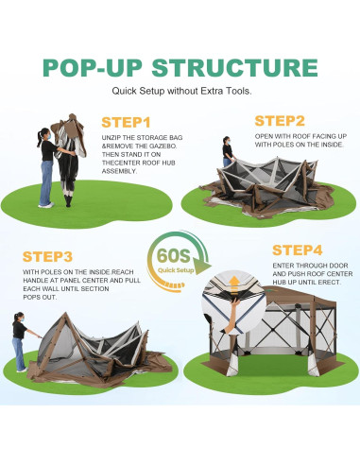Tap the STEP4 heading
click(300, 250)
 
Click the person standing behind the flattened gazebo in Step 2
click(227, 151)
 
